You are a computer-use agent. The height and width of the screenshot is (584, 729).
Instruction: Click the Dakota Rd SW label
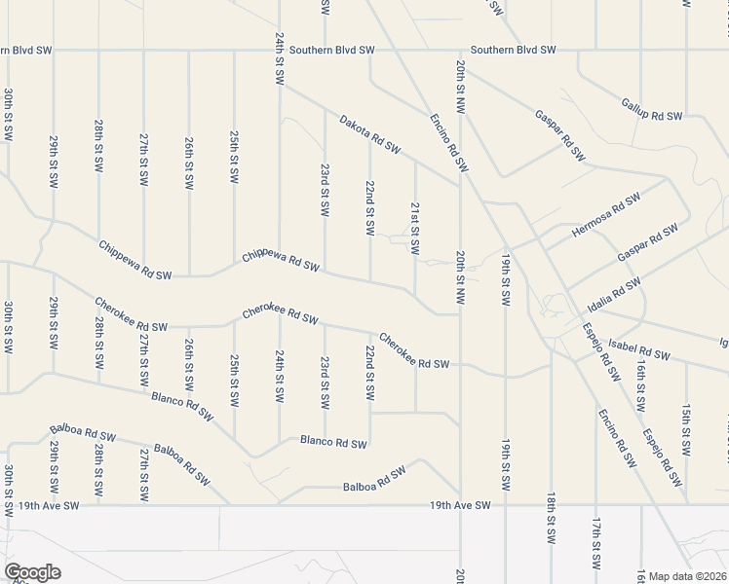pos(370,135)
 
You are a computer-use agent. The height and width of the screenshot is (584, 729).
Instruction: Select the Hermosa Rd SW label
pos(606,214)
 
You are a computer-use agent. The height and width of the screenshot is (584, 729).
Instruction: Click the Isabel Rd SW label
pos(640,349)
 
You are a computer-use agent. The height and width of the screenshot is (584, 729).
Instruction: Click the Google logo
pos(32,572)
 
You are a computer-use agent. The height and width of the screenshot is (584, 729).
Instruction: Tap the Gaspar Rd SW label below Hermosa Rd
pos(647,242)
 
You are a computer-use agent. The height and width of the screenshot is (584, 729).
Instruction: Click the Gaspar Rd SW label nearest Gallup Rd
pos(559,135)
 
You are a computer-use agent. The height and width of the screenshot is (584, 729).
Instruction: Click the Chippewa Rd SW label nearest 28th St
pos(134,260)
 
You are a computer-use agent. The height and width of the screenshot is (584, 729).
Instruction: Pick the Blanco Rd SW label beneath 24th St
pos(333,443)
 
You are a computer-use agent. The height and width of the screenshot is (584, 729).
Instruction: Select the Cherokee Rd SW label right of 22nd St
pos(413,350)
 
